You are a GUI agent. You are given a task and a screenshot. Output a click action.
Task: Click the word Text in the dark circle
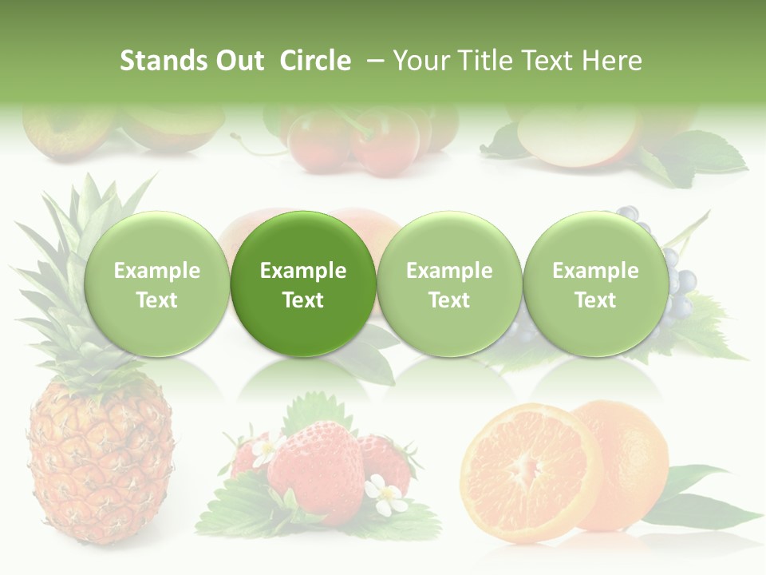point(303,300)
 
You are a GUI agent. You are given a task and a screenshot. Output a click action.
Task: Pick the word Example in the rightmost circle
point(595,271)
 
